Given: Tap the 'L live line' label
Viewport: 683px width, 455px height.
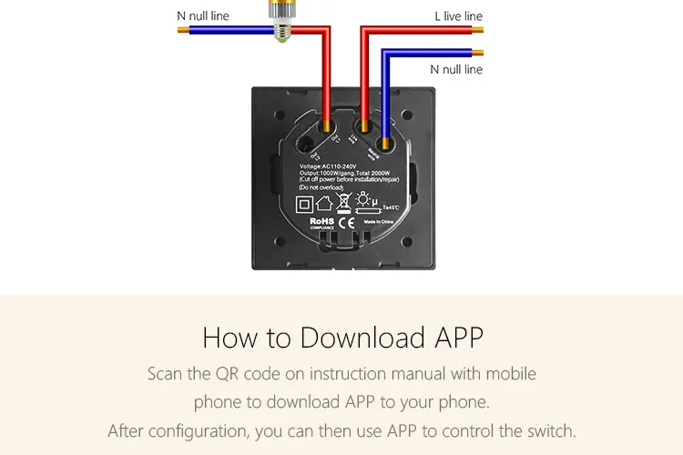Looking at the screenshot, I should tap(458, 16).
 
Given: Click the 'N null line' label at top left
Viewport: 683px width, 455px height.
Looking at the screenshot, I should tap(202, 15).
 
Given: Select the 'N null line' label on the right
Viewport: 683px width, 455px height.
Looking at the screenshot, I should tap(456, 69).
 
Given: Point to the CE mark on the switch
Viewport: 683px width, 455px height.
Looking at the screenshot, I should tap(345, 222).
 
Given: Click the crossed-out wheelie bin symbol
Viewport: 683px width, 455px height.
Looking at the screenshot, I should tap(345, 202).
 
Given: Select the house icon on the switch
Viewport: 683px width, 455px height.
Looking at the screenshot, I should tap(323, 203).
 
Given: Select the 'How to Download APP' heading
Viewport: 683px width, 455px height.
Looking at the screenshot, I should tap(342, 337).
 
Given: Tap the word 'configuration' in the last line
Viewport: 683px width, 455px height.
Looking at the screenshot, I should tap(199, 430).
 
